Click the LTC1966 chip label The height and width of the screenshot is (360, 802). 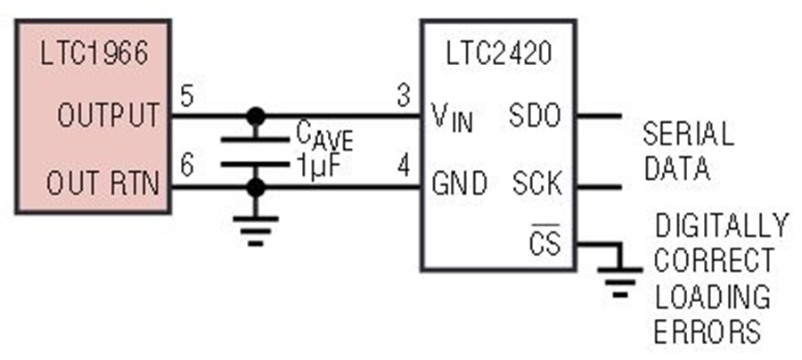click(94, 53)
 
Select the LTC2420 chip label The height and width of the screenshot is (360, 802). click(499, 53)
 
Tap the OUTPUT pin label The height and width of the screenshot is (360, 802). click(109, 115)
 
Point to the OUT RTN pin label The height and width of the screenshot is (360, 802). click(102, 183)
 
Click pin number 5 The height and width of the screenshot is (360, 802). click(187, 96)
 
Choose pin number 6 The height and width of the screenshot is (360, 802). click(187, 167)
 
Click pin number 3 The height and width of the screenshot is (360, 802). click(404, 96)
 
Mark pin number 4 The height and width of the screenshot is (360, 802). click(404, 167)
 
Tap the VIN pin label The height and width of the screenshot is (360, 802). click(452, 118)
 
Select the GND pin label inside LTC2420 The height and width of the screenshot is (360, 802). click(459, 183)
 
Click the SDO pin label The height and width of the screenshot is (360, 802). click(535, 115)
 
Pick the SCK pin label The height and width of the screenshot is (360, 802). click(537, 183)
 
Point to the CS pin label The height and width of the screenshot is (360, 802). click(545, 241)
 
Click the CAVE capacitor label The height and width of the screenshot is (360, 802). click(324, 136)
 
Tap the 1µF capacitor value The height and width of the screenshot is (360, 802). click(317, 167)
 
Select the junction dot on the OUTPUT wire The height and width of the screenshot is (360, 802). click(255, 116)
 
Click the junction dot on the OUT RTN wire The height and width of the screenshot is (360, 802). click(255, 188)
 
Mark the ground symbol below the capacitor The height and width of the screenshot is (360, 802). click(255, 231)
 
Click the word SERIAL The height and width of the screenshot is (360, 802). click(689, 135)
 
